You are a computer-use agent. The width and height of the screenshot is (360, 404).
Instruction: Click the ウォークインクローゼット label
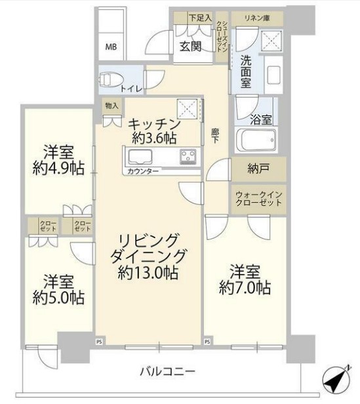(258, 198)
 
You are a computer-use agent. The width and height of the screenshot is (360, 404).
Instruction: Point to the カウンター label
(139, 172)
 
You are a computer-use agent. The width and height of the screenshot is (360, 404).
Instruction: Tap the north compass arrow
(336, 379)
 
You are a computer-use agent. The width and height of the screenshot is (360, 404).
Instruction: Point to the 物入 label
(111, 105)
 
